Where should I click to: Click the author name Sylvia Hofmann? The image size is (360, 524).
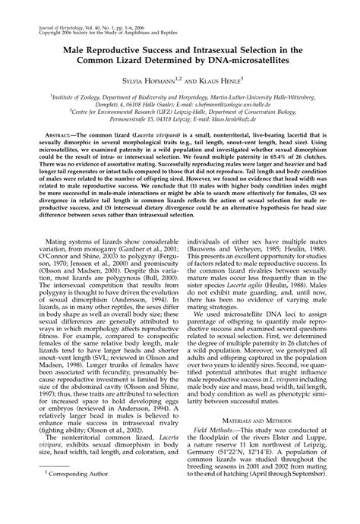point(149,78)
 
